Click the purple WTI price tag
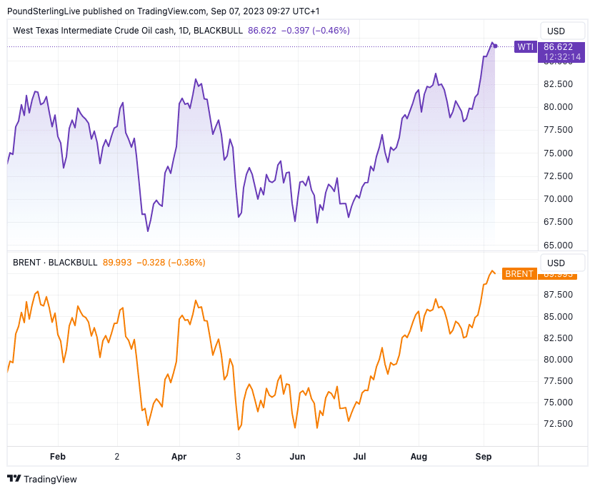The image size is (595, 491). click(x=525, y=47)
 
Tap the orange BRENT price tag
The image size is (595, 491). click(x=519, y=274)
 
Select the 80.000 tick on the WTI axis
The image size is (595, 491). click(x=559, y=107)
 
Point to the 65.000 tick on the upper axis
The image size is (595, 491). click(x=559, y=245)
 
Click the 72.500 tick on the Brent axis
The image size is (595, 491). click(x=559, y=423)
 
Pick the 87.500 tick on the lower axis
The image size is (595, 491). click(x=559, y=295)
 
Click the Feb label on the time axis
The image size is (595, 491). click(x=58, y=455)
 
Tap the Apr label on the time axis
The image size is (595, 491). click(x=179, y=455)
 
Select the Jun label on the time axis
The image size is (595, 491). click(x=298, y=455)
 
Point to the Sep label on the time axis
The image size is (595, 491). click(x=484, y=455)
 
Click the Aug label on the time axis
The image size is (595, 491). click(x=420, y=455)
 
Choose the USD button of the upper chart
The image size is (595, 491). click(x=556, y=31)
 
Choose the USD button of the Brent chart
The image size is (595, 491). click(x=556, y=263)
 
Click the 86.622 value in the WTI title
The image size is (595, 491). click(x=262, y=31)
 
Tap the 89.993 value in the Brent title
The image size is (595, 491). click(x=117, y=263)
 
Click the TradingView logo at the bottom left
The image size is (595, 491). click(x=42, y=479)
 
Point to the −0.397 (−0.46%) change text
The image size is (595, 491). click(x=315, y=31)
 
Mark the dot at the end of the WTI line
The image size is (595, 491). click(x=495, y=46)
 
